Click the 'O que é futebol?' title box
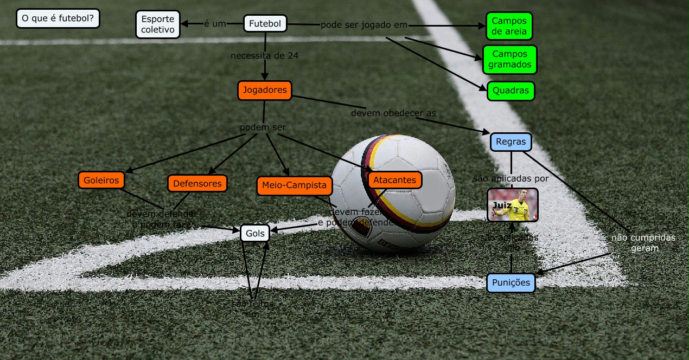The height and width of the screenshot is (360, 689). click(x=58, y=19)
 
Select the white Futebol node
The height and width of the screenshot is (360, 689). click(x=265, y=24)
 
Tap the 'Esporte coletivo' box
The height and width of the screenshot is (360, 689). click(x=157, y=24)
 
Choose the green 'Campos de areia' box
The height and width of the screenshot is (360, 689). click(x=509, y=26)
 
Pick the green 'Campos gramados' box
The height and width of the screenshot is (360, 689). click(x=509, y=60)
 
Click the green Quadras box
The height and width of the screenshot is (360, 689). click(x=511, y=91)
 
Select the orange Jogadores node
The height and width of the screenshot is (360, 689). click(x=265, y=90)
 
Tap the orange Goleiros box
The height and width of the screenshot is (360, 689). click(x=101, y=181)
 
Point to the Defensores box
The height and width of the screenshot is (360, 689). click(x=197, y=183)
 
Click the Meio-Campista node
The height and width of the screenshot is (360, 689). click(x=294, y=185)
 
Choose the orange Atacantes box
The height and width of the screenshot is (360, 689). click(x=394, y=180)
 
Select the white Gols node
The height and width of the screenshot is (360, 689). click(x=255, y=233)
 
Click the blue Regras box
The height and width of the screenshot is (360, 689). click(x=511, y=142)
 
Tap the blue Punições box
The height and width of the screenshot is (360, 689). click(x=511, y=282)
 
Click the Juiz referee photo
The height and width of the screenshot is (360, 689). click(x=512, y=205)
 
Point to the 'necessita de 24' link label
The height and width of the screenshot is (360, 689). click(x=264, y=55)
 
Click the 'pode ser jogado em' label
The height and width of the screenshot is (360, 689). click(x=363, y=25)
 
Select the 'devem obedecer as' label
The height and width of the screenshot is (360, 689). click(x=393, y=113)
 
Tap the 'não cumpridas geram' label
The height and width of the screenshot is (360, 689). click(x=644, y=243)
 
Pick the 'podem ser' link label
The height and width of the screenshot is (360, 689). click(x=263, y=127)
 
